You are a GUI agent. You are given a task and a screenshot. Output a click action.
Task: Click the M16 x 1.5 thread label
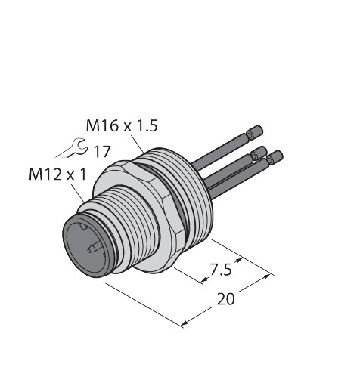click(x=122, y=127)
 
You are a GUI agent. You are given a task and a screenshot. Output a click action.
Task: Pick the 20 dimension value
click(x=225, y=298)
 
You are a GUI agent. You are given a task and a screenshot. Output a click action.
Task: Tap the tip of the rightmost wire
click(x=278, y=156)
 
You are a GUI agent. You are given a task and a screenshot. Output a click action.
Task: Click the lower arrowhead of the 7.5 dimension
click(x=206, y=282)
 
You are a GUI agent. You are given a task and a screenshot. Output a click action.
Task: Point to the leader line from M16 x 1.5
click(x=136, y=144)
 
